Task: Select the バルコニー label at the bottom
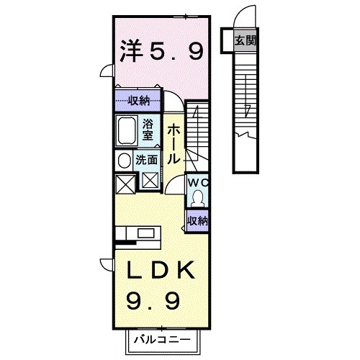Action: pos(161,338)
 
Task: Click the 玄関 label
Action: pos(245,40)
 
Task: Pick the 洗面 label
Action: pos(146,161)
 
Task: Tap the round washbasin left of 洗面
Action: pos(123,161)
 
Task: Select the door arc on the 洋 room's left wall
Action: pos(106,71)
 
